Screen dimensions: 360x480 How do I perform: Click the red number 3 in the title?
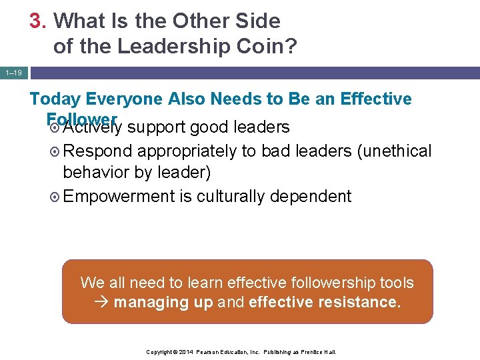click(37, 21)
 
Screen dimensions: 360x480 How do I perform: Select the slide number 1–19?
click(13, 72)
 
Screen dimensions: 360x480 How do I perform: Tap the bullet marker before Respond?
click(55, 151)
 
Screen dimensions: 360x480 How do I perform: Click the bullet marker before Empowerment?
click(55, 197)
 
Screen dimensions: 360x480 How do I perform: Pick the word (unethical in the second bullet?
click(394, 151)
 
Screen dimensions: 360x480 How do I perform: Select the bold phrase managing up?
click(163, 303)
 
